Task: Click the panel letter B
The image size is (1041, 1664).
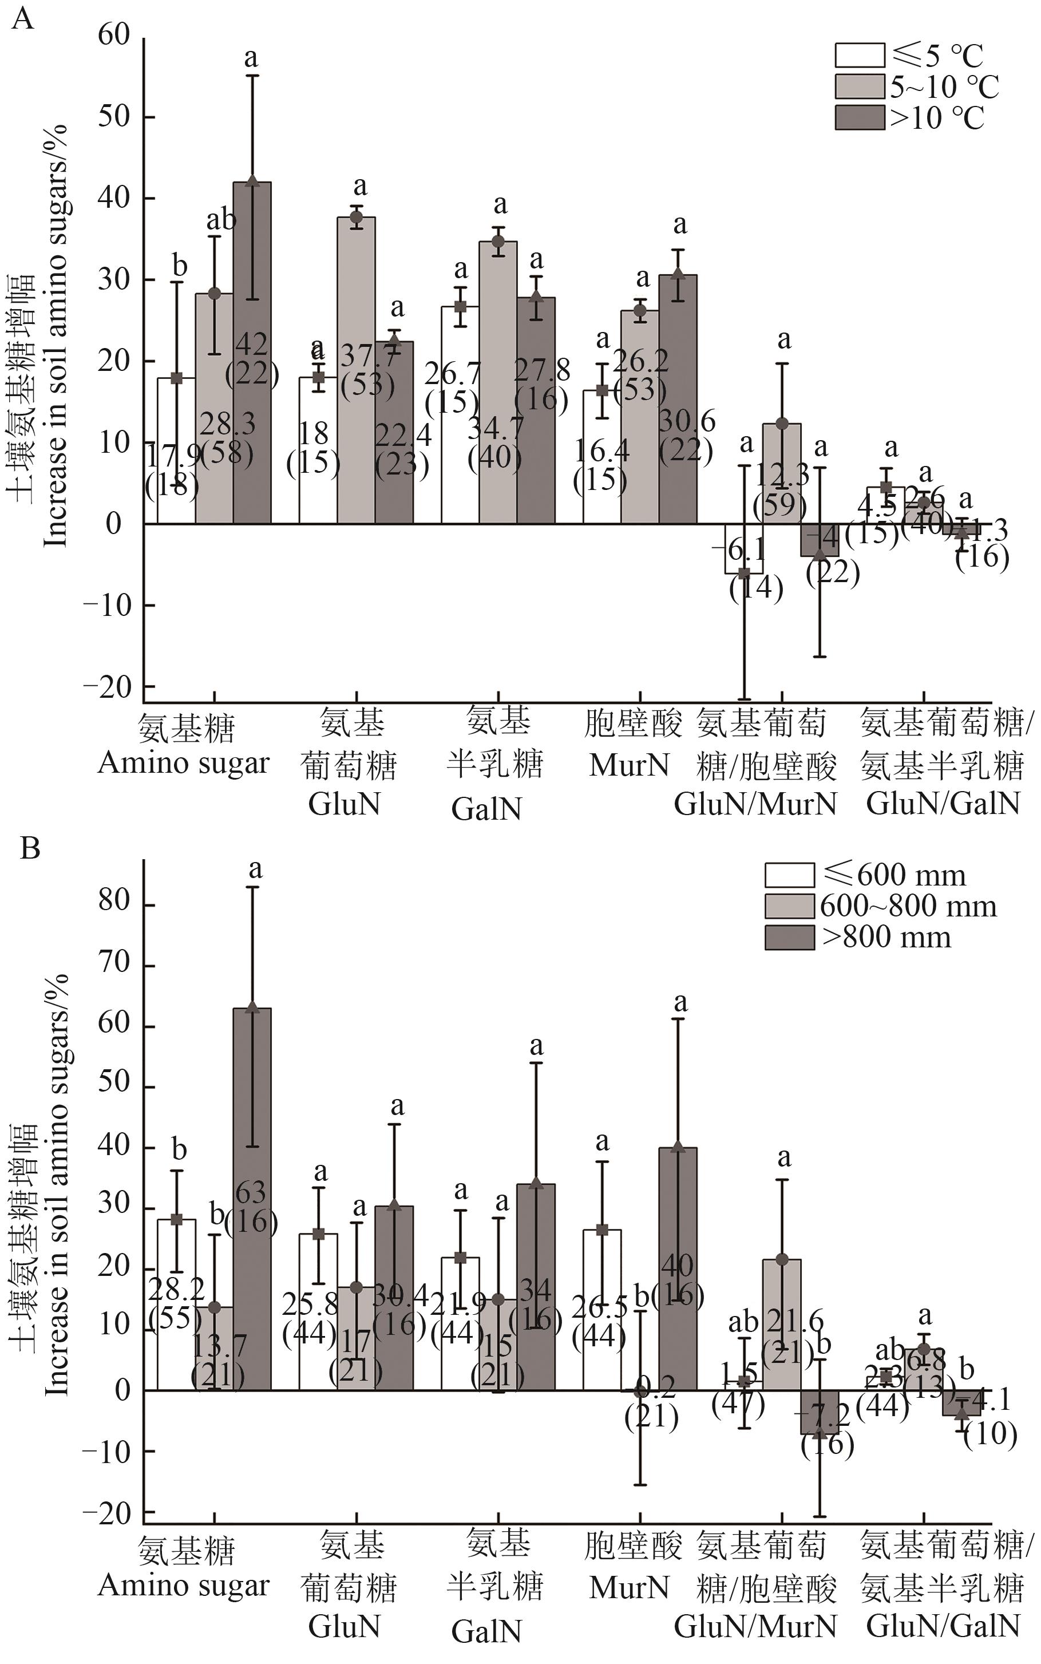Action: click(30, 848)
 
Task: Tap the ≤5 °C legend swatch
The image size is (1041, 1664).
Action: click(859, 54)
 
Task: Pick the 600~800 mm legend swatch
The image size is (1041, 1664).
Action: click(789, 906)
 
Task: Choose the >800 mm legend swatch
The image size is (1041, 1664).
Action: click(789, 937)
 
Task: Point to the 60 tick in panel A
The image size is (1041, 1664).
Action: click(114, 36)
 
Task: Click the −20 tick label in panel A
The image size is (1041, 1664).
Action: click(106, 686)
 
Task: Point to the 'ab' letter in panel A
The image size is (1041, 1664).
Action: click(221, 220)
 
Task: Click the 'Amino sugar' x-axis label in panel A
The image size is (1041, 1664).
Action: click(183, 764)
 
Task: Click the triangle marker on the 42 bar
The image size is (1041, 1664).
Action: click(252, 181)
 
